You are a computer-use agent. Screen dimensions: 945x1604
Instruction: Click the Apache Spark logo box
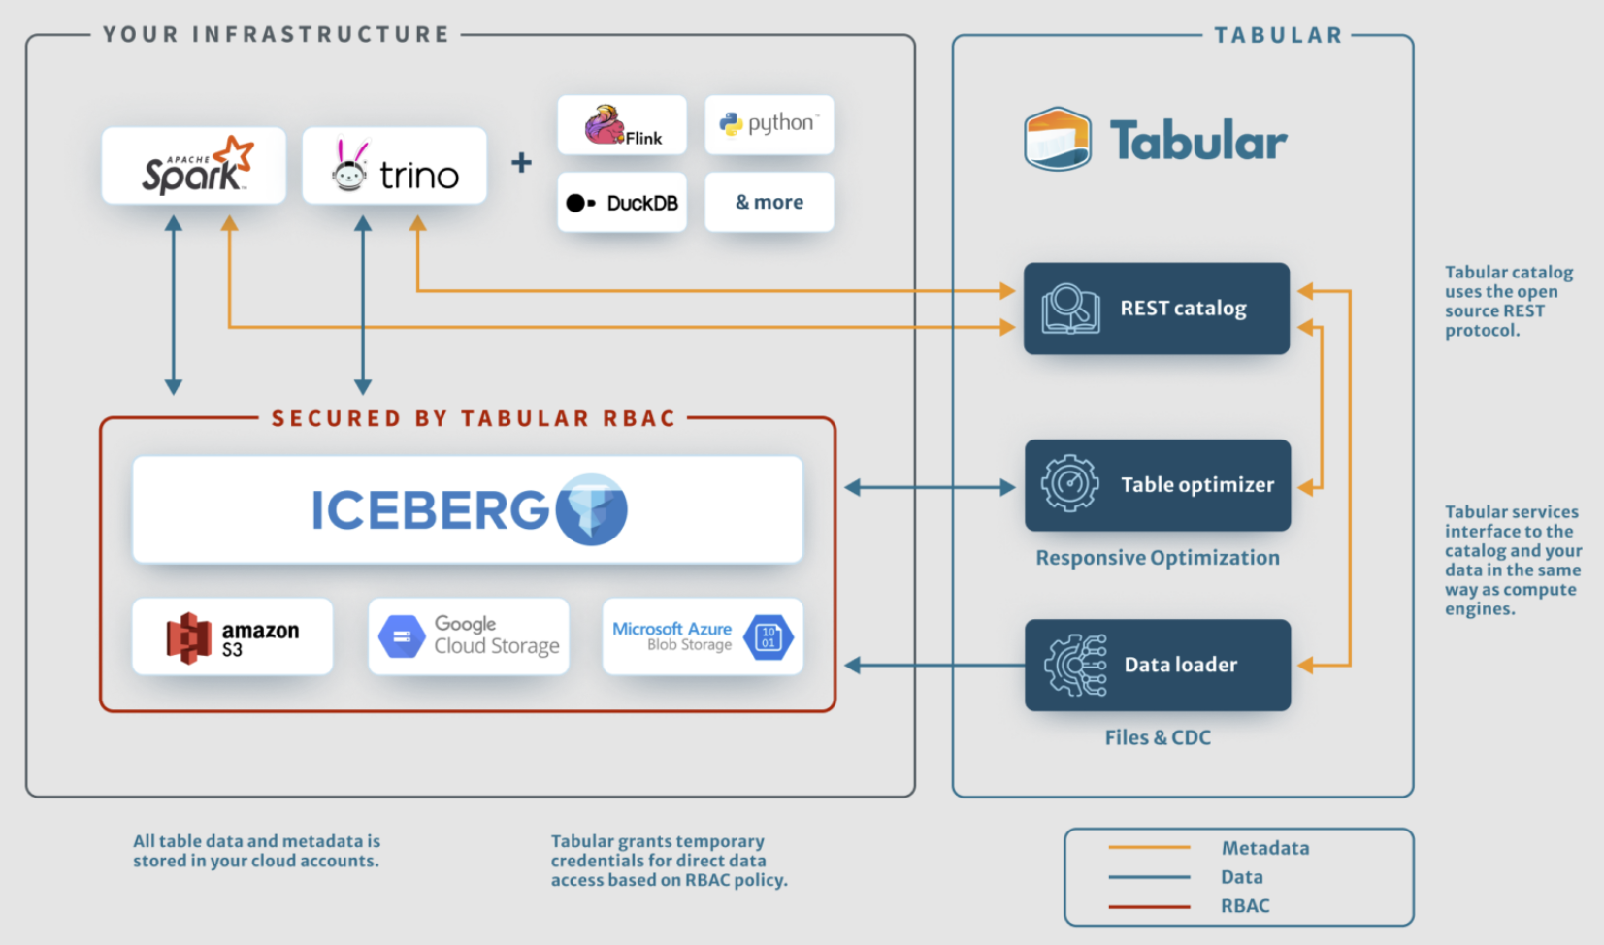point(193,166)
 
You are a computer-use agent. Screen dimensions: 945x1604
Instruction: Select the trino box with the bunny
point(394,166)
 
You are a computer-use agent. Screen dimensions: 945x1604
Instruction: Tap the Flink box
point(622,125)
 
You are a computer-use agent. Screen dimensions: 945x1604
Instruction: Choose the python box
point(769,124)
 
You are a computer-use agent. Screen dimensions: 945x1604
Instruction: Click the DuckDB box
point(622,203)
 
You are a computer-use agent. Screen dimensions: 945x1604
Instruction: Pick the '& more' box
point(769,202)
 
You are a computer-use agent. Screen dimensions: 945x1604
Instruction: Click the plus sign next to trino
point(522,162)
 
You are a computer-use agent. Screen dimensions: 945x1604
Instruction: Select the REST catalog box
point(1157,309)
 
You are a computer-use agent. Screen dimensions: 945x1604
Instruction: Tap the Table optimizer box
point(1158,485)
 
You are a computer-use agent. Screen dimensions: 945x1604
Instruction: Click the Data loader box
point(1158,665)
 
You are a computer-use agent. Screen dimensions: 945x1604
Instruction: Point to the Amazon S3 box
point(233,636)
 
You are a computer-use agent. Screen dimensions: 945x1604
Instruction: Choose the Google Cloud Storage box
point(469,636)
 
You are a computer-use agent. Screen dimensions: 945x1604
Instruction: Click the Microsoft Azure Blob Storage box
point(703,636)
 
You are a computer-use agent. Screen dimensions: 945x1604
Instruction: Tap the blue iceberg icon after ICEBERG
point(592,509)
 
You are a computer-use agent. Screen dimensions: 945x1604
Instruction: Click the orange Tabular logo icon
point(1058,140)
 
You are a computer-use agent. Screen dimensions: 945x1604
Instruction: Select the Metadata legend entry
point(1264,848)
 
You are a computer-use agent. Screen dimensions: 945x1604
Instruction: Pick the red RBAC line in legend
point(1149,906)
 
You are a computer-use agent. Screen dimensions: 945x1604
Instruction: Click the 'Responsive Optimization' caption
point(1158,558)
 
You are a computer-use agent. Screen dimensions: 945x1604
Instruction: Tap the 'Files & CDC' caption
point(1158,737)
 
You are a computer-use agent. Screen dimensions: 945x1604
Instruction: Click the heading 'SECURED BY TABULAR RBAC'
point(473,418)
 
